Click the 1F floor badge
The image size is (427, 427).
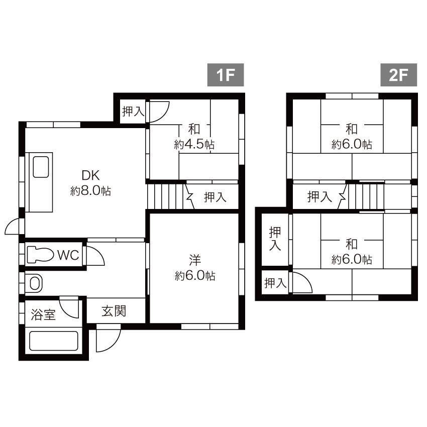[x=226, y=75]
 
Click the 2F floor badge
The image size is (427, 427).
[x=399, y=75]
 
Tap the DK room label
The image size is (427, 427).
[x=91, y=175]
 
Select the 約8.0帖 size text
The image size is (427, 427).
[x=91, y=191]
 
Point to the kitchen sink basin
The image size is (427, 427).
[x=41, y=167]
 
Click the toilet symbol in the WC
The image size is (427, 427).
[x=40, y=255]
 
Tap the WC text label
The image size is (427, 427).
[x=68, y=255]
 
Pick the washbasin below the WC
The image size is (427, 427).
[x=35, y=283]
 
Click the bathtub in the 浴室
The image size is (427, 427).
[x=54, y=341]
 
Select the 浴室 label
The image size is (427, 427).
[x=43, y=315]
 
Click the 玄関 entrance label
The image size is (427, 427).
[x=114, y=311]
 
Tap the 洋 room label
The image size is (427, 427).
[x=195, y=260]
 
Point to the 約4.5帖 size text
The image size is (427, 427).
[x=194, y=144]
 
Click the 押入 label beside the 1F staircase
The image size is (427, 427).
[x=215, y=197]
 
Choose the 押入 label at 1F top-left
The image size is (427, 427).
[x=133, y=111]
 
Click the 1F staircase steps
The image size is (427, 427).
[x=167, y=196]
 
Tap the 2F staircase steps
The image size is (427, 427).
[x=366, y=196]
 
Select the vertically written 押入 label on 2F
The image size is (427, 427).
[x=275, y=239]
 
